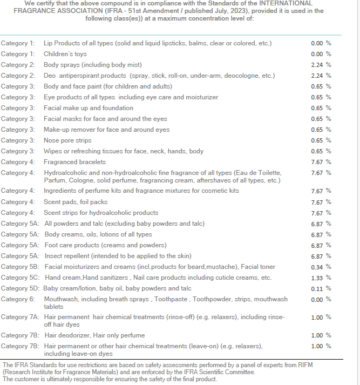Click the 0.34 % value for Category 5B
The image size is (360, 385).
tap(321, 267)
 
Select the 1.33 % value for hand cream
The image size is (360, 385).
tap(321, 278)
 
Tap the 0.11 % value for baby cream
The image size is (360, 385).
tap(321, 288)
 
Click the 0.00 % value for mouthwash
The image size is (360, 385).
tap(321, 299)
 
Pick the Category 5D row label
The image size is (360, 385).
tap(20, 288)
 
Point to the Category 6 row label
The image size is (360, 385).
tap(18, 299)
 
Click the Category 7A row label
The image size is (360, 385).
tap(20, 317)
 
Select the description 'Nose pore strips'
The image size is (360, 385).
tap(67, 140)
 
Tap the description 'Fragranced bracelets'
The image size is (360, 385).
tap(75, 162)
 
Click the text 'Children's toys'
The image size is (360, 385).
tap(65, 54)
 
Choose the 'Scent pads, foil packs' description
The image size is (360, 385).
tap(76, 202)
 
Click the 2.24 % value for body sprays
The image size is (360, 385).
tap(321, 65)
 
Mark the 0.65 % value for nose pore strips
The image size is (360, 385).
tap(321, 140)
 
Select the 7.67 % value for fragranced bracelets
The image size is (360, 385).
tap(321, 162)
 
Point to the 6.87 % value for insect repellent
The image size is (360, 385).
tap(321, 256)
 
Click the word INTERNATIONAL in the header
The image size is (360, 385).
tap(286, 3)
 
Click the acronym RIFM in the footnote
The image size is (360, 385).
tap(305, 365)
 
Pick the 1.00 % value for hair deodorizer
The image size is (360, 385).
tap(321, 335)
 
